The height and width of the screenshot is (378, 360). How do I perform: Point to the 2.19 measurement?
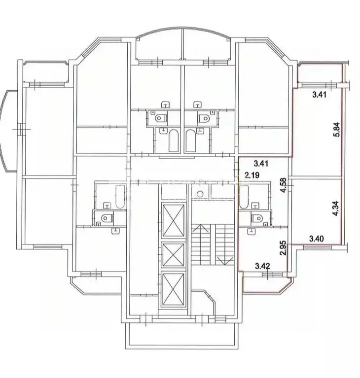coord(252,175)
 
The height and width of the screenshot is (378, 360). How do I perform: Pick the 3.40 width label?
coord(317,239)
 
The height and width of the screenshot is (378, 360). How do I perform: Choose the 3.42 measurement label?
coord(263,267)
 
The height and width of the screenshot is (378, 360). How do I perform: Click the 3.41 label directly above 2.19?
coord(261,164)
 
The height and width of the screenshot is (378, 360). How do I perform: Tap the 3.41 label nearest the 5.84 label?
coord(319,94)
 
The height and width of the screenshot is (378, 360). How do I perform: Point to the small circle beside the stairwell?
coord(200,194)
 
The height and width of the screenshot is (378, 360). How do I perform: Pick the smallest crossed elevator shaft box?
coord(173,255)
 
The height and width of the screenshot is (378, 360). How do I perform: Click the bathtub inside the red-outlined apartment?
coord(244,197)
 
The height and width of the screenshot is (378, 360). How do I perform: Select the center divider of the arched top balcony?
coord(182,43)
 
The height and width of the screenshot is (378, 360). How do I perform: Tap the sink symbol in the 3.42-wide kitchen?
coord(251,232)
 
